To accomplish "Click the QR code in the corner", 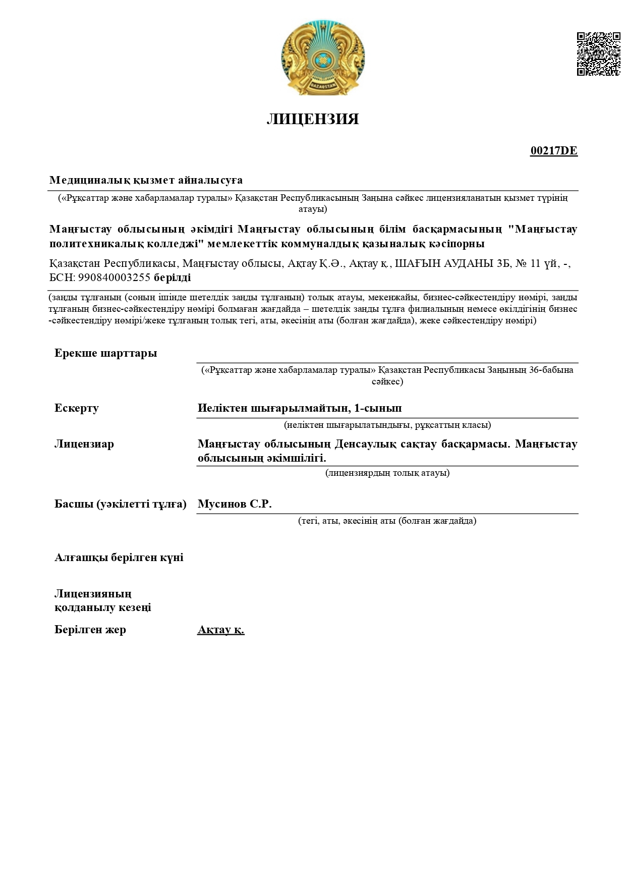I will point(598,54).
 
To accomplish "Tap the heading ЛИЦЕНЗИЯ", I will point(313,119).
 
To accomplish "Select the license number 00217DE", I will point(553,151).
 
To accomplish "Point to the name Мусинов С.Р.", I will point(235,504).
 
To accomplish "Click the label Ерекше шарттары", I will point(105,353).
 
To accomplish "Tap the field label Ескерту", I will point(77,408).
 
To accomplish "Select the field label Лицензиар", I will point(84,444).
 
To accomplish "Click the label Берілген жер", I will point(90,629).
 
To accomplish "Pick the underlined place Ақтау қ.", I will point(221,630).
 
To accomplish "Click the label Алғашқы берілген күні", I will point(119,557).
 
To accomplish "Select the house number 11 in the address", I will point(536,263).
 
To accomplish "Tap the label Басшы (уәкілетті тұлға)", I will point(121,504).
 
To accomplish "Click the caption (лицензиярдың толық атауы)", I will point(387,473).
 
